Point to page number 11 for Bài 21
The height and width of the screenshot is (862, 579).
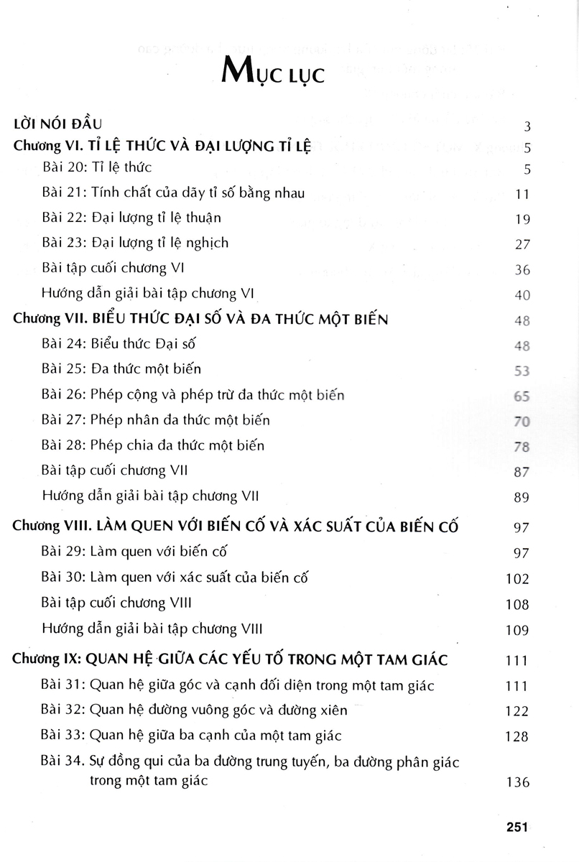point(522,195)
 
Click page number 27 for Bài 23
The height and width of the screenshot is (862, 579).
point(522,244)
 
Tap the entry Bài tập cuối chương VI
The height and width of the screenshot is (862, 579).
point(114,267)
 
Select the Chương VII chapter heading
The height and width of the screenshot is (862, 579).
point(201,320)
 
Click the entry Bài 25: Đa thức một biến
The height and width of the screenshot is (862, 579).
point(121,369)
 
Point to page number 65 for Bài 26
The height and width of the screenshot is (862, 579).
point(522,397)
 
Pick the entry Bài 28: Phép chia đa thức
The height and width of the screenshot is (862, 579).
point(153,445)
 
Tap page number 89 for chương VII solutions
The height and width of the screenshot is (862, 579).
point(522,497)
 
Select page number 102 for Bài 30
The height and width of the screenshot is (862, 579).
point(518,579)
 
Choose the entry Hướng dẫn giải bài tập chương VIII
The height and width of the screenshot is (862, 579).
point(152,629)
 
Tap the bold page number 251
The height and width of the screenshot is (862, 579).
point(517,827)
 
